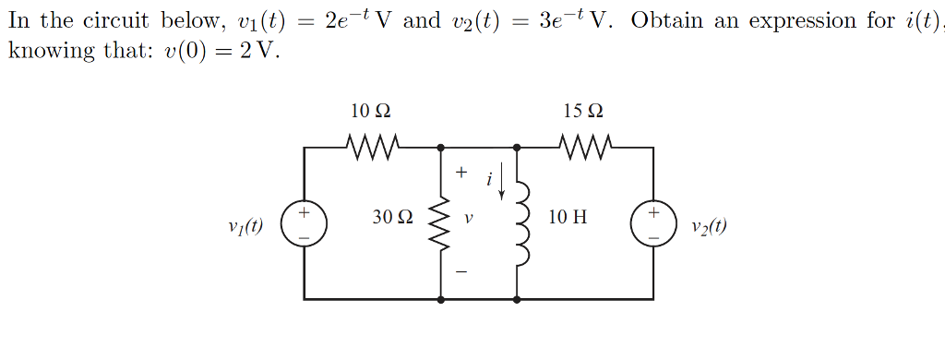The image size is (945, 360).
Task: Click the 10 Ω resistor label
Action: coord(371,111)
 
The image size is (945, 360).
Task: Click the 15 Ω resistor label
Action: coord(583,111)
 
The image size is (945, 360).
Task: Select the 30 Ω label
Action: coord(393,218)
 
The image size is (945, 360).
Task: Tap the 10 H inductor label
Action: coord(567,218)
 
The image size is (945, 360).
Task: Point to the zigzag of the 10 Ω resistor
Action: coord(372,145)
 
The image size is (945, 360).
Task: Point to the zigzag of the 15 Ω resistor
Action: coord(584,145)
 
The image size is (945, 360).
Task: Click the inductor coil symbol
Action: coord(520,222)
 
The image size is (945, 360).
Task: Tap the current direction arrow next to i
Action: coord(501,183)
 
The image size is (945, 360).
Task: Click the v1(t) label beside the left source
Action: coord(245,225)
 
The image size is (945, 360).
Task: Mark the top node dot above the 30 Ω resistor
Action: coord(440,147)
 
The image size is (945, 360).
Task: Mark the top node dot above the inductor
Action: coord(517,147)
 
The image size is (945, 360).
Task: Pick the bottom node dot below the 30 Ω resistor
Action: coord(440,299)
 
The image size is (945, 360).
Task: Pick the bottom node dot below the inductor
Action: coord(517,299)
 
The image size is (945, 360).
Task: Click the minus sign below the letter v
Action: coord(461,272)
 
